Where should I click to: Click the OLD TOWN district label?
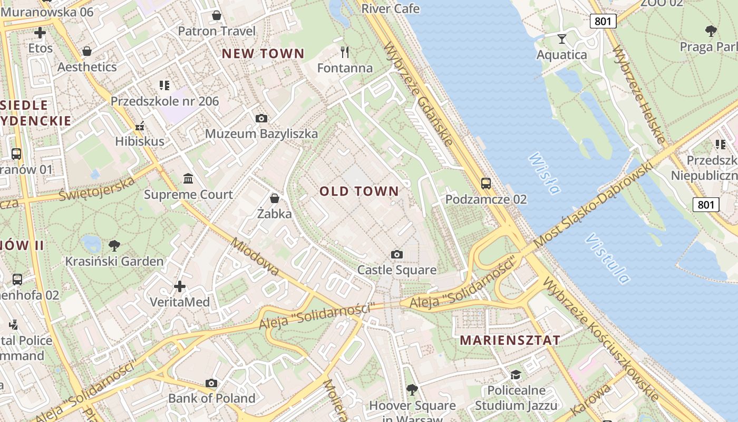point(359,191)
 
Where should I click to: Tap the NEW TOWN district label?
point(263,53)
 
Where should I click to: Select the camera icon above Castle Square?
point(397,255)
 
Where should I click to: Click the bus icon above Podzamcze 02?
point(485,184)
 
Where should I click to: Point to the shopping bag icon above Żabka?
point(274,198)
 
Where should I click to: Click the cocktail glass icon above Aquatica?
point(561,39)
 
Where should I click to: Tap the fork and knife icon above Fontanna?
point(345,52)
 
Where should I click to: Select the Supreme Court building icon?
point(188,178)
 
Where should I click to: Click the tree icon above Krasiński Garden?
point(114,245)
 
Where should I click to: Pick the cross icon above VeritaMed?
point(180,286)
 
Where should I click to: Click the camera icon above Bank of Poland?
point(211,383)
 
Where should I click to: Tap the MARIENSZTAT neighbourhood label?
point(510,340)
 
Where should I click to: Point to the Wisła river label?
point(543,173)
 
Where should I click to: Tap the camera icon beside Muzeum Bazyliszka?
point(261,118)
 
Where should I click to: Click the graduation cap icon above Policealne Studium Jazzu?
point(515,375)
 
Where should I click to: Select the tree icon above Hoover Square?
point(412,390)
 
